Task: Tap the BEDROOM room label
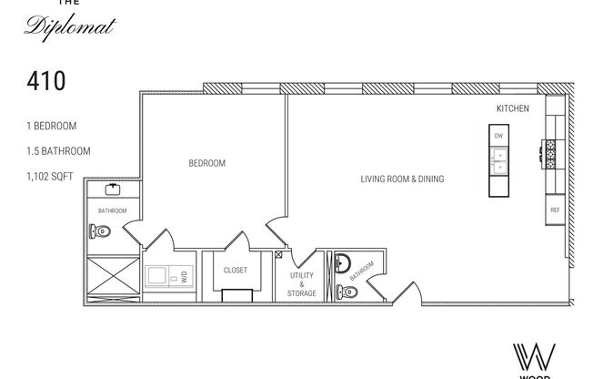[x=206, y=164]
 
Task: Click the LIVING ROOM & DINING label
[x=403, y=179]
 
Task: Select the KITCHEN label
[x=512, y=109]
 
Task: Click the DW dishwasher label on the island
[x=498, y=136]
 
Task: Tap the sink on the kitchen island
[x=498, y=161]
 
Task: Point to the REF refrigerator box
[x=554, y=210]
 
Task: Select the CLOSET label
[x=236, y=271]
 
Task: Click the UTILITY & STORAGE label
[x=302, y=284]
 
